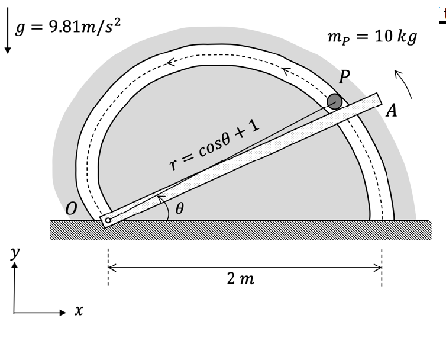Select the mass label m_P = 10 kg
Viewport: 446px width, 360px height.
pyautogui.click(x=371, y=37)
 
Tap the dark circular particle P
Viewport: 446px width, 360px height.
pyautogui.click(x=335, y=101)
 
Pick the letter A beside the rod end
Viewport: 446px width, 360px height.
pyautogui.click(x=391, y=111)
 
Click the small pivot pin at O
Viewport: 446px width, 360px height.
pyautogui.click(x=108, y=220)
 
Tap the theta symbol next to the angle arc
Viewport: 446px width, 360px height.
pyautogui.click(x=180, y=208)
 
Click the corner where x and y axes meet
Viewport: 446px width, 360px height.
pyautogui.click(x=14, y=312)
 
